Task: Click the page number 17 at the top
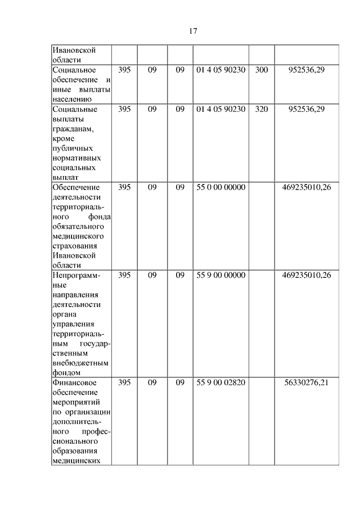(x=192, y=31)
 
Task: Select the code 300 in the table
(x=262, y=70)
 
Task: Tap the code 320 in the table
(x=262, y=109)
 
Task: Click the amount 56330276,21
(x=307, y=383)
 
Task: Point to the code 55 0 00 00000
(x=221, y=187)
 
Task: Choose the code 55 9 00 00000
(x=221, y=275)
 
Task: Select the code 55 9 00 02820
(x=221, y=383)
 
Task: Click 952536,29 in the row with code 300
(x=307, y=70)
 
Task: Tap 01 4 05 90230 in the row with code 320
(x=221, y=109)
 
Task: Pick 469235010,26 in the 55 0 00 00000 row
(x=307, y=187)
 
